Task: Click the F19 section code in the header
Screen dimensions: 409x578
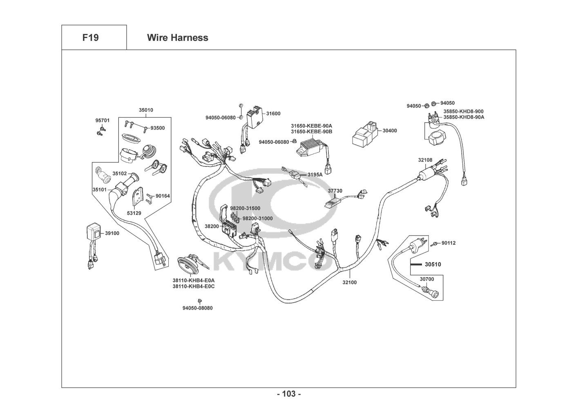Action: (x=90, y=38)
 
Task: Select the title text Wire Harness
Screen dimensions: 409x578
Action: (x=177, y=38)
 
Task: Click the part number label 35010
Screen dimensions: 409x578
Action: (x=146, y=110)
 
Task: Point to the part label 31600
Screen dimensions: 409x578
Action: (x=273, y=114)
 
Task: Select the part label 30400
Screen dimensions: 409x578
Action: (x=389, y=131)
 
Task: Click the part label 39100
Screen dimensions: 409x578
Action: (x=112, y=233)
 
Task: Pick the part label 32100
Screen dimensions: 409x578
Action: (x=349, y=282)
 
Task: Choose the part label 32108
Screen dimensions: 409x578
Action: (x=425, y=160)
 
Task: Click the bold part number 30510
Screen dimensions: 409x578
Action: (x=433, y=265)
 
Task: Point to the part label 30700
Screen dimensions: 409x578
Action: (x=427, y=279)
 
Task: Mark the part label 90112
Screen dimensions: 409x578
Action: (x=448, y=243)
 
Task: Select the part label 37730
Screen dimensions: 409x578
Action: (x=335, y=191)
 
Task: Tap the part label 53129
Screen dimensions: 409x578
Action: (x=134, y=213)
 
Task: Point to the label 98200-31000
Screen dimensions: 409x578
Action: (x=257, y=218)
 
